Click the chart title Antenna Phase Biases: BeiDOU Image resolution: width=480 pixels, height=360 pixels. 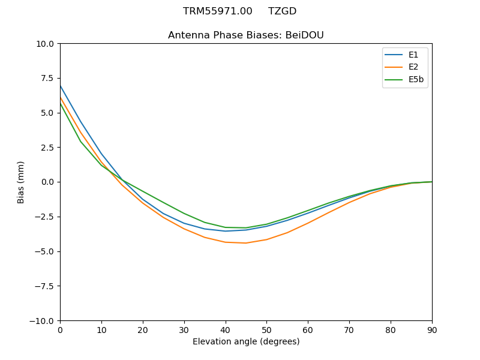click(245, 35)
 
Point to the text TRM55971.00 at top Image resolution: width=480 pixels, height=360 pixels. click(217, 11)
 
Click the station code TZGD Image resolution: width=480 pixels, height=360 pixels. click(282, 11)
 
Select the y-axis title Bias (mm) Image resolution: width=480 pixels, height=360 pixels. click(21, 182)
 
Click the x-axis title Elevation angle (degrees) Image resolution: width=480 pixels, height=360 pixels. click(245, 342)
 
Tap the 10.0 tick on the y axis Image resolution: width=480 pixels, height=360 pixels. click(46, 44)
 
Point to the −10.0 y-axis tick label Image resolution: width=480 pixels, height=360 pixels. click(43, 321)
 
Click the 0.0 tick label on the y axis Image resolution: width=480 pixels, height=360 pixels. click(48, 182)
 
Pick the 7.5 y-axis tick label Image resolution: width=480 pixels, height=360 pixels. click(48, 78)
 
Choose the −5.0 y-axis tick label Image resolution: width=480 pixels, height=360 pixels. click(45, 251)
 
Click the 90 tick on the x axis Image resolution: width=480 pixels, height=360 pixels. click(431, 329)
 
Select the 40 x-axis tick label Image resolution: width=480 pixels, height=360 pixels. click(225, 329)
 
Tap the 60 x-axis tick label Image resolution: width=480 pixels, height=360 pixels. click(308, 329)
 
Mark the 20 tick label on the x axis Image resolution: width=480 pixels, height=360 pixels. click(143, 329)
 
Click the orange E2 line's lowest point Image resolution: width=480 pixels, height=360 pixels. click(246, 243)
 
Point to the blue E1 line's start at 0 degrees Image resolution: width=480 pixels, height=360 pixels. click(61, 86)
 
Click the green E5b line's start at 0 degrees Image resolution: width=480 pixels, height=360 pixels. click(61, 104)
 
